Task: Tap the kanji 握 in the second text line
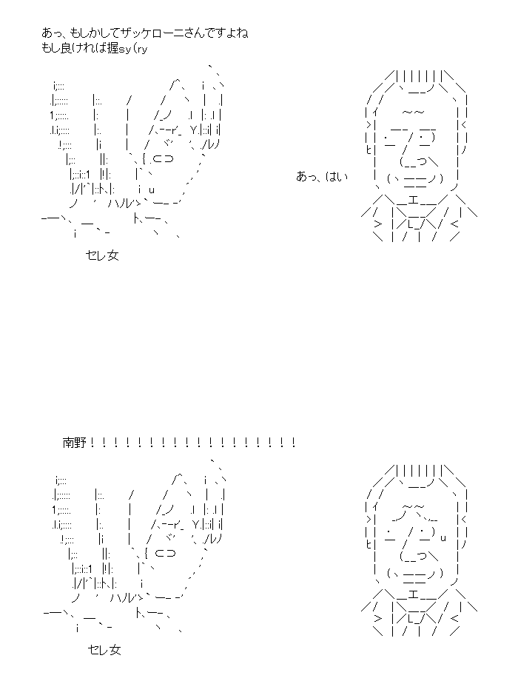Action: point(113,48)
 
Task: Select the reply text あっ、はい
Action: point(322,177)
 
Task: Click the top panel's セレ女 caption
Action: point(102,255)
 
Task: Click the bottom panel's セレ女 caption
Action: point(104,650)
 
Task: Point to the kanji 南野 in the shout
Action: point(75,443)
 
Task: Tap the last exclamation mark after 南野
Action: point(294,443)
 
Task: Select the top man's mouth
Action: point(414,179)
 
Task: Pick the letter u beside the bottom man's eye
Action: point(443,539)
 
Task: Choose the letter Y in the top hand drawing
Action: point(194,130)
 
